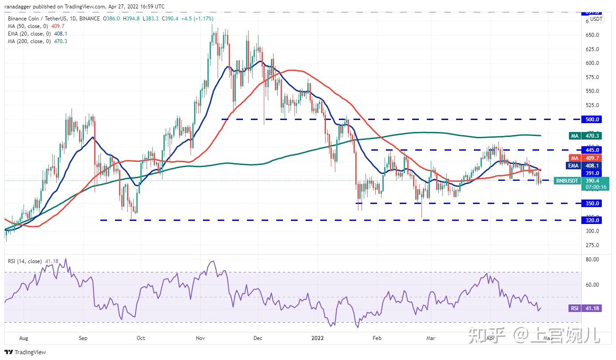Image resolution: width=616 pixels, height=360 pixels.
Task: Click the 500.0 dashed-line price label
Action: [x=592, y=120]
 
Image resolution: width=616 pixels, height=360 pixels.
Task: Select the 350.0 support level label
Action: [x=592, y=204]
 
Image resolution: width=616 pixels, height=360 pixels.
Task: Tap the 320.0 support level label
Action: [x=592, y=220]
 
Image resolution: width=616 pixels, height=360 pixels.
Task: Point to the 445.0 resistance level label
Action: [x=592, y=150]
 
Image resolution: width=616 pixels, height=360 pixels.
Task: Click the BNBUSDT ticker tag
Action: [x=567, y=181]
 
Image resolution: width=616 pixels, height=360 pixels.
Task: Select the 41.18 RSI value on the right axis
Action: [x=592, y=308]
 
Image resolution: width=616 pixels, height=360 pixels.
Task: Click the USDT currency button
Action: [x=596, y=19]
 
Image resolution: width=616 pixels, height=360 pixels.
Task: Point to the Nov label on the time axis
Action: [x=200, y=338]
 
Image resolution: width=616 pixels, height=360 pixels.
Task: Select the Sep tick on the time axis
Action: [x=83, y=338]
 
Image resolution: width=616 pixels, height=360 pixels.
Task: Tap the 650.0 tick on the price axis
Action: [x=592, y=35]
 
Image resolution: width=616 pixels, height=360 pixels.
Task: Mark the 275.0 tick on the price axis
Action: [x=592, y=245]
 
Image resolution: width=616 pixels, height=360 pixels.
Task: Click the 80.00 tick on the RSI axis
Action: [x=592, y=260]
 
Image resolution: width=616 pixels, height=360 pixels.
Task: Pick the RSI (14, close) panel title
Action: [x=24, y=261]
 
